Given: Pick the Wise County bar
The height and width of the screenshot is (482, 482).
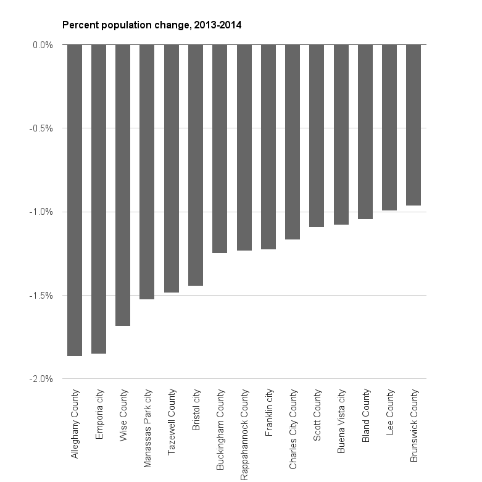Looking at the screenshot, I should [x=123, y=185].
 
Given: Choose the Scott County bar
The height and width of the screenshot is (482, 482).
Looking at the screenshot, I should [x=317, y=136].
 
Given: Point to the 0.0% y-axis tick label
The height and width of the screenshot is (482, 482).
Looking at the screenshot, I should [x=43, y=45].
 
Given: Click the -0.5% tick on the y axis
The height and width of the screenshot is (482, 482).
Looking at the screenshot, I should [x=42, y=128].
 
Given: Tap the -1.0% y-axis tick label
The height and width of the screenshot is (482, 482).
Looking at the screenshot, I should [x=42, y=212].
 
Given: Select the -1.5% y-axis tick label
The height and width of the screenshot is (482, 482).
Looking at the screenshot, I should [x=42, y=296].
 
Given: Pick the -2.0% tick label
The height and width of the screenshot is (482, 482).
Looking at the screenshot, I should [x=42, y=379].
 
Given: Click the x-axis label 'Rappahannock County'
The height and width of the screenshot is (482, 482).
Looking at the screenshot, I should [x=244, y=434].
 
